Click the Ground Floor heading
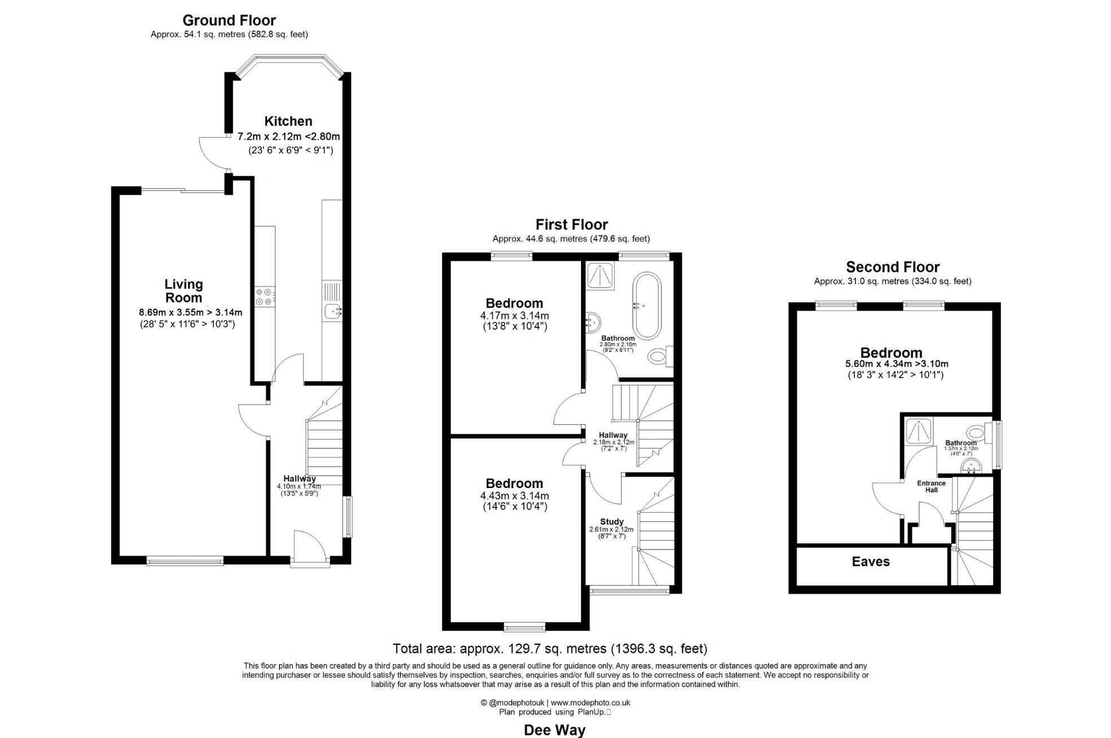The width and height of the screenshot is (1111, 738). [x=229, y=21]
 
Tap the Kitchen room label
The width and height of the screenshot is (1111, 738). [x=288, y=121]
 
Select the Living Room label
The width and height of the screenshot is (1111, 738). [x=183, y=291]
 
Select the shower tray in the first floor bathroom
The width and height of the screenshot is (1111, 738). [x=600, y=276]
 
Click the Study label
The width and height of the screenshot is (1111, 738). [x=612, y=522]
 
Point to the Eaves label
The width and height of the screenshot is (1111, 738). [x=871, y=561]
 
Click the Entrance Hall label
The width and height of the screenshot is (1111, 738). [x=931, y=486]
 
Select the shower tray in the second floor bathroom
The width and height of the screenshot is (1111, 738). [x=918, y=431]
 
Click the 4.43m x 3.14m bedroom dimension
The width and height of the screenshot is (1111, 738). [x=514, y=496]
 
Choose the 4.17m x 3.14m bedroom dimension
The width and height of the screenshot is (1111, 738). [x=514, y=316]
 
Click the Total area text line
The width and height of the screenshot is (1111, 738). [x=550, y=649]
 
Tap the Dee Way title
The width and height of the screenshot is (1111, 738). [x=554, y=730]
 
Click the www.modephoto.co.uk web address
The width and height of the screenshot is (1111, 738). [x=591, y=703]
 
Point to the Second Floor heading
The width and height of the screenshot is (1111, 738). [x=893, y=267]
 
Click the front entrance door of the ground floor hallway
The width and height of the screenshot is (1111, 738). [x=309, y=546]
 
